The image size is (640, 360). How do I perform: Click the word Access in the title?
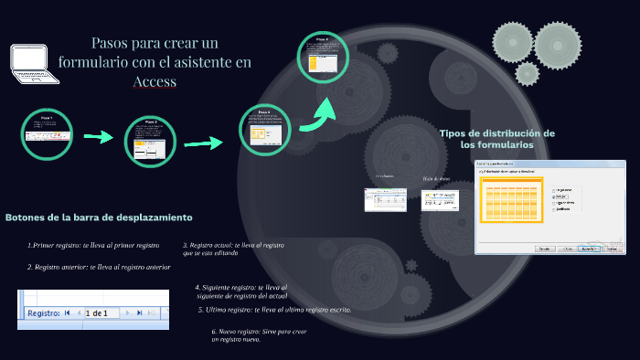154,82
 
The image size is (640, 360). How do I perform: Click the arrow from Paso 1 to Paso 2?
98,137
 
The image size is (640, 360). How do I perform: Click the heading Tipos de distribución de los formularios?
496,139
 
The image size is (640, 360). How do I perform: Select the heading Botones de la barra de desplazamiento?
99,217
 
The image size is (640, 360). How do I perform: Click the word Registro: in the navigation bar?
43,313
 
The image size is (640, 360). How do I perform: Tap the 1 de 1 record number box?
97,313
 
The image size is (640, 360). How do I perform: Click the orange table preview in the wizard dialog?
511,200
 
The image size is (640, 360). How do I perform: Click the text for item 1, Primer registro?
93,246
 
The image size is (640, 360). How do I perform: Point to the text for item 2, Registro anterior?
99,267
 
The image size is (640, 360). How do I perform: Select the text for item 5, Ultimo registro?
274,310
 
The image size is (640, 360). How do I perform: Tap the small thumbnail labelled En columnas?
385,199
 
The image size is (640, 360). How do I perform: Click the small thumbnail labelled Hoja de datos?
439,199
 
